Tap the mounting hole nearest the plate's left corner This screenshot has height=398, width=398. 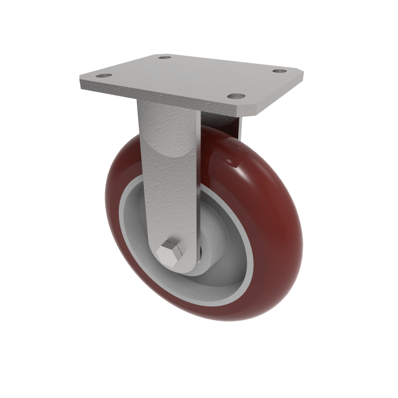click(103, 76)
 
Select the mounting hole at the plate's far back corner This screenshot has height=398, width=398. click(164, 57)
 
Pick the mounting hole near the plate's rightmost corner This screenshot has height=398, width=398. click(278, 71)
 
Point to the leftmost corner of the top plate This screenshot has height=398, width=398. click(81, 80)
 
